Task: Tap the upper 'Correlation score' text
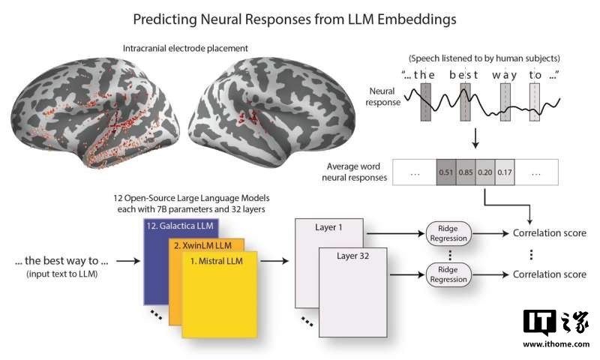549,233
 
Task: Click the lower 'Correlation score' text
549,274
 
